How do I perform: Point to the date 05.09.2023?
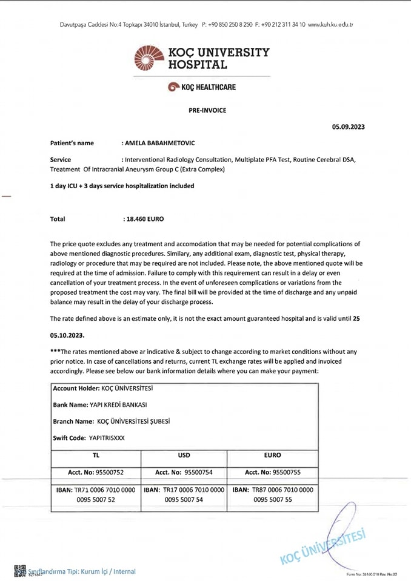click(x=348, y=127)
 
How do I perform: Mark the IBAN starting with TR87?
click(x=273, y=494)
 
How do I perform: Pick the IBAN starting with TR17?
click(x=184, y=494)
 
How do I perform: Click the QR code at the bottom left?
click(x=19, y=570)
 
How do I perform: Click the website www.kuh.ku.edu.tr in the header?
click(x=330, y=25)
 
